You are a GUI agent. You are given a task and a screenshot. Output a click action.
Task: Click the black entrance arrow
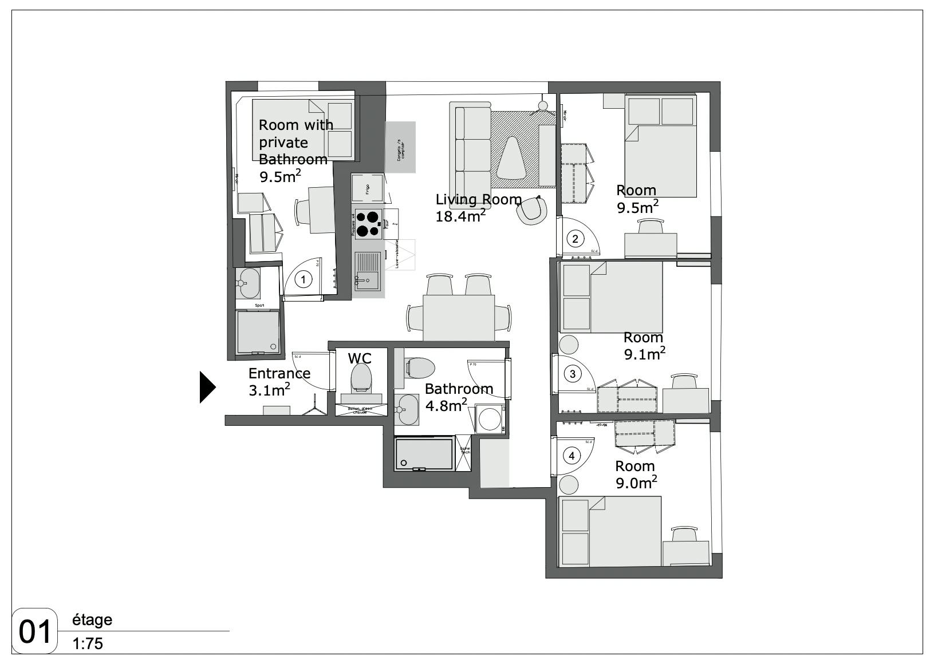pos(207,388)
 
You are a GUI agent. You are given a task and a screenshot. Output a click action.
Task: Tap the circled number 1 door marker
pos(303,279)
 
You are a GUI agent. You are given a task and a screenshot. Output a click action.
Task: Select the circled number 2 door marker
pos(575,239)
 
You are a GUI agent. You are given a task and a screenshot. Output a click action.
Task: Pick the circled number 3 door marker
pos(572,374)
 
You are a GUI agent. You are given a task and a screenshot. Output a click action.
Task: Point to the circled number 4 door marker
pos(571,456)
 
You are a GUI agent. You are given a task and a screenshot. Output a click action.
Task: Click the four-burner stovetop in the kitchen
pos(368,224)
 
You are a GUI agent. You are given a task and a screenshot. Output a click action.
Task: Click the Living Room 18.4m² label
pos(478,207)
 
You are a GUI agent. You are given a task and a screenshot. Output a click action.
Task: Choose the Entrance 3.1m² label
pos(279,382)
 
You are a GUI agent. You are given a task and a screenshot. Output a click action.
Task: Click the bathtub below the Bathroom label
pos(424,454)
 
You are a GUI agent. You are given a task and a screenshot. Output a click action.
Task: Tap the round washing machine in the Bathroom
pos(490,419)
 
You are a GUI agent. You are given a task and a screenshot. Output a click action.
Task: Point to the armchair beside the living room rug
pos(531,210)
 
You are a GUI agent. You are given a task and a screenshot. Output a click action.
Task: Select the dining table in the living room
pos(458,318)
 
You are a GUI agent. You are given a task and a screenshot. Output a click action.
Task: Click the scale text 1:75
pos(88,644)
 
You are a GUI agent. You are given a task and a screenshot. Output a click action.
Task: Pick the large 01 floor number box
pos(35,631)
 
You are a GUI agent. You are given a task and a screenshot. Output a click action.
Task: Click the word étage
pos(92,620)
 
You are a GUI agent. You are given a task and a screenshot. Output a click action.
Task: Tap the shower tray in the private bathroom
pos(258,331)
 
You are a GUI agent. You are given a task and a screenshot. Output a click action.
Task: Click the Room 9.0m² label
pos(636,475)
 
